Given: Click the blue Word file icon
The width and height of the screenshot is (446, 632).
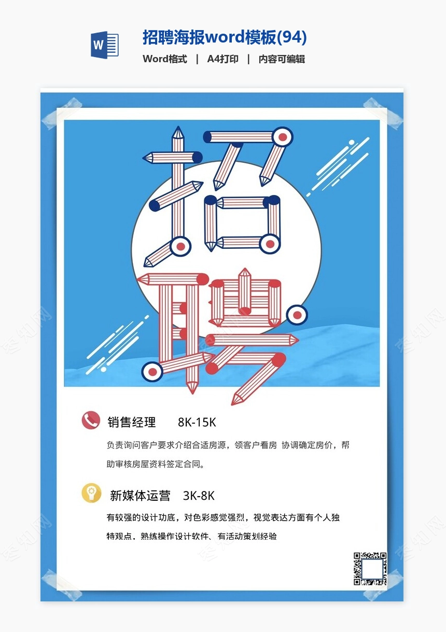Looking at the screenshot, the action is [x=104, y=45].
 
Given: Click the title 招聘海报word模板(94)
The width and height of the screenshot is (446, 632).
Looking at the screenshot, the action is [x=225, y=37].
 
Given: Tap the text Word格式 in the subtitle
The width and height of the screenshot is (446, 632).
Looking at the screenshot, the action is [x=165, y=59].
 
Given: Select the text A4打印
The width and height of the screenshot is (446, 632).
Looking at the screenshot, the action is [x=222, y=59].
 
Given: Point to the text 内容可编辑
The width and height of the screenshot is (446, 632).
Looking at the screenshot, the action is [x=282, y=59].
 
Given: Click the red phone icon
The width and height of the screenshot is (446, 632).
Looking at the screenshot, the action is [x=91, y=420].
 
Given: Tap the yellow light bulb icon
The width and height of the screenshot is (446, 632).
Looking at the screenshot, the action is [x=91, y=493].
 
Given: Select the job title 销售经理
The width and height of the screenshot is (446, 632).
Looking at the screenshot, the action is [x=132, y=422].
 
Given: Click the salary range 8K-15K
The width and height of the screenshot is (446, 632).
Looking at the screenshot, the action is [x=197, y=423].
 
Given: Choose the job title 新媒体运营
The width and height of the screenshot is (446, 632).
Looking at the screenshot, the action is [x=140, y=496].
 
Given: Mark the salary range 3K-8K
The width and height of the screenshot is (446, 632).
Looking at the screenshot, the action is [x=199, y=496].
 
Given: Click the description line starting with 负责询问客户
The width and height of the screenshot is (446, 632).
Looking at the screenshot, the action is [x=228, y=445].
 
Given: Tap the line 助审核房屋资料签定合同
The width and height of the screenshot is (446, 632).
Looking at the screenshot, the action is [x=156, y=464].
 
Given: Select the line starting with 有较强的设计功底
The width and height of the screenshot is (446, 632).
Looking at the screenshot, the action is [x=223, y=517].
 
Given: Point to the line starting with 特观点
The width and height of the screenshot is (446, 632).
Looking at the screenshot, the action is [x=192, y=536].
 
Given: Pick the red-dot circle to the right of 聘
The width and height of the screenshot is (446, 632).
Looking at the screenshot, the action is [x=297, y=315].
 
